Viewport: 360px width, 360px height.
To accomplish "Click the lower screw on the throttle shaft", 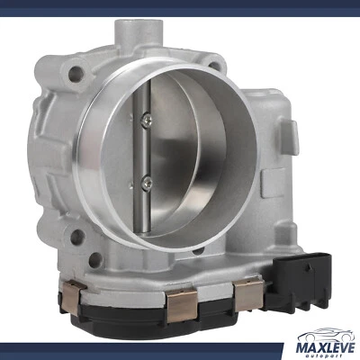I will [x=145, y=183].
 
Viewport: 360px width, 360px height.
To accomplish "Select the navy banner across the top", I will [x=180, y=6].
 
